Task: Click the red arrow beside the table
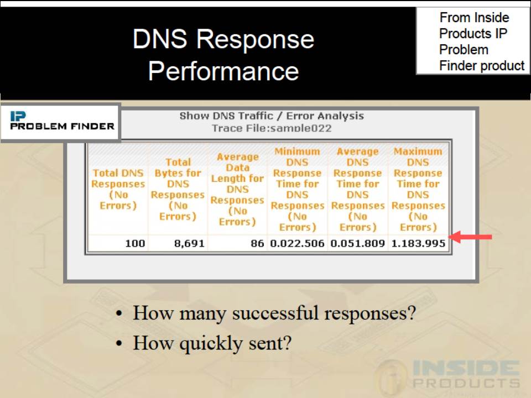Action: coord(471,237)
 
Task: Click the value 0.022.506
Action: coord(298,243)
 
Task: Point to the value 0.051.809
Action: coord(358,243)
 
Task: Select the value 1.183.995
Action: coord(418,243)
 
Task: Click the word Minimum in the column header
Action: coord(298,151)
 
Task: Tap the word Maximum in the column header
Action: coord(418,151)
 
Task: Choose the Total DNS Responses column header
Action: coord(118,189)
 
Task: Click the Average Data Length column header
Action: coord(237,189)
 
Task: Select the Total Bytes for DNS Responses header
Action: coord(178,189)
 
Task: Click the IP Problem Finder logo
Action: coord(61,121)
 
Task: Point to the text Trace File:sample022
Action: coord(272,128)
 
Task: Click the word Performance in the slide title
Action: coord(223,71)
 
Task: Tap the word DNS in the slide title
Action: coord(159,39)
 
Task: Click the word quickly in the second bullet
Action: coord(211,344)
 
